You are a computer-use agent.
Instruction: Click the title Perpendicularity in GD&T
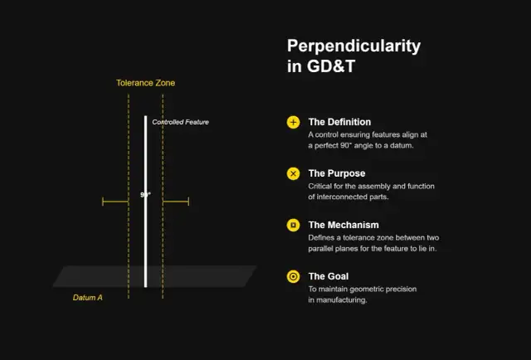pos(353,56)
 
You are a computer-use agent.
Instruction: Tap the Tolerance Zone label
pos(145,83)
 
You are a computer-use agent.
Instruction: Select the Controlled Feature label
pos(180,122)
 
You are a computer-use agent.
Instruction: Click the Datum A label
pos(88,297)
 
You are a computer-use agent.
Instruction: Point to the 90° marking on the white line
pos(145,195)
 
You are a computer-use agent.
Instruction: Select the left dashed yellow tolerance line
pos(129,241)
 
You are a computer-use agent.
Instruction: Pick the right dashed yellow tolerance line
pos(163,241)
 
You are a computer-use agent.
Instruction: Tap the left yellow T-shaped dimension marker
pos(114,201)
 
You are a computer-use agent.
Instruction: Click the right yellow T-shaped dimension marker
pos(177,201)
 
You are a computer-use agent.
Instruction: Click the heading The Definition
pos(339,122)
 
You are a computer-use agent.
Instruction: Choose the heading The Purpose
pos(336,173)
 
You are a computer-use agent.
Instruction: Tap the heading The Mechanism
pos(343,225)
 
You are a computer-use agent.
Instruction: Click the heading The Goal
pos(329,276)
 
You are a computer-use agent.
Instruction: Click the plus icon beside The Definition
pos(293,122)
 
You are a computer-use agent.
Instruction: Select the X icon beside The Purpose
pos(293,173)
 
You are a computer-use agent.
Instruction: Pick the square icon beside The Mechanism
pos(293,225)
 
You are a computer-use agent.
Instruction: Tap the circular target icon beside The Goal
pos(293,276)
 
